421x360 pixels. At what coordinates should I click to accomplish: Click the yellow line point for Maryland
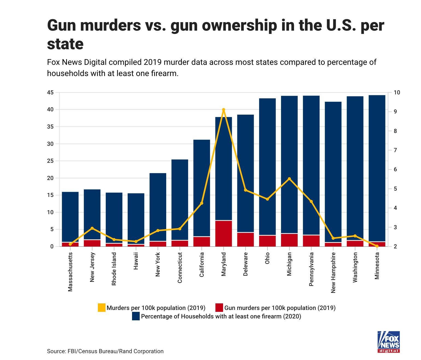pos(223,110)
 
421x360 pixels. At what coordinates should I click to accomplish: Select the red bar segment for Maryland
pos(223,233)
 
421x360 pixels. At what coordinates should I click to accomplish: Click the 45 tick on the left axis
pos(50,92)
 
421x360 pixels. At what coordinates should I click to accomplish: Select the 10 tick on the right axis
pos(396,92)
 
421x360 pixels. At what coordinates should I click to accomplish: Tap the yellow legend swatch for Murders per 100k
pos(102,308)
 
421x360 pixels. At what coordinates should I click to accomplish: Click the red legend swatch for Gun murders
pos(219,308)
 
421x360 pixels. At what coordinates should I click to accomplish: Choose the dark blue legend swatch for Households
pos(136,317)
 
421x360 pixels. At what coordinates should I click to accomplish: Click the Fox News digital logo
pos(388,342)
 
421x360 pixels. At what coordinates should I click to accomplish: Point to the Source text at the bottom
pos(105,351)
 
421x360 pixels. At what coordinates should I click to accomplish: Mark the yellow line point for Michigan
pos(289,179)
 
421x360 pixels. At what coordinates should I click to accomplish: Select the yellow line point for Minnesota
pos(377,246)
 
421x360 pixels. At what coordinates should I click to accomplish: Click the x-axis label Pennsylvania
pos(311,269)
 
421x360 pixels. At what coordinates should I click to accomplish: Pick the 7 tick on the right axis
pos(395,150)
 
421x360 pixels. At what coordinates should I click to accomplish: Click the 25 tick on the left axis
pos(50,161)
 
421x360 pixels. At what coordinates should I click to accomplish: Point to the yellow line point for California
pos(202,203)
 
